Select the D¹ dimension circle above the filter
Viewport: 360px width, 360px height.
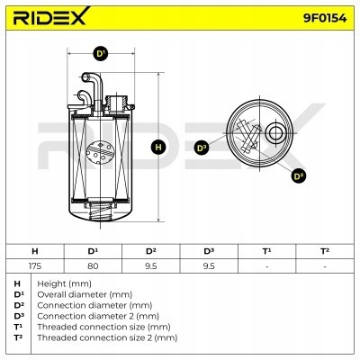point(101,55)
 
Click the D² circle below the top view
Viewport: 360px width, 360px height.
point(299,175)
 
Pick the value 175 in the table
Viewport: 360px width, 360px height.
point(34,265)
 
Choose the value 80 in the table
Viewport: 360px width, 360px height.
point(93,265)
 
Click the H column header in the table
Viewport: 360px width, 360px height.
point(34,250)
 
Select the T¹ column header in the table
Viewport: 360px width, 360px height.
point(267,250)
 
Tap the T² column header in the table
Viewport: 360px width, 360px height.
point(325,250)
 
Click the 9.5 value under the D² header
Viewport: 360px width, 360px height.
point(151,265)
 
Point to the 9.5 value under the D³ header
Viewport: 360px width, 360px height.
point(209,265)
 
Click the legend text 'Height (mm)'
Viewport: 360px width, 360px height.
point(61,283)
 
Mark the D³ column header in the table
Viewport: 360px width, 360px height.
point(209,250)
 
